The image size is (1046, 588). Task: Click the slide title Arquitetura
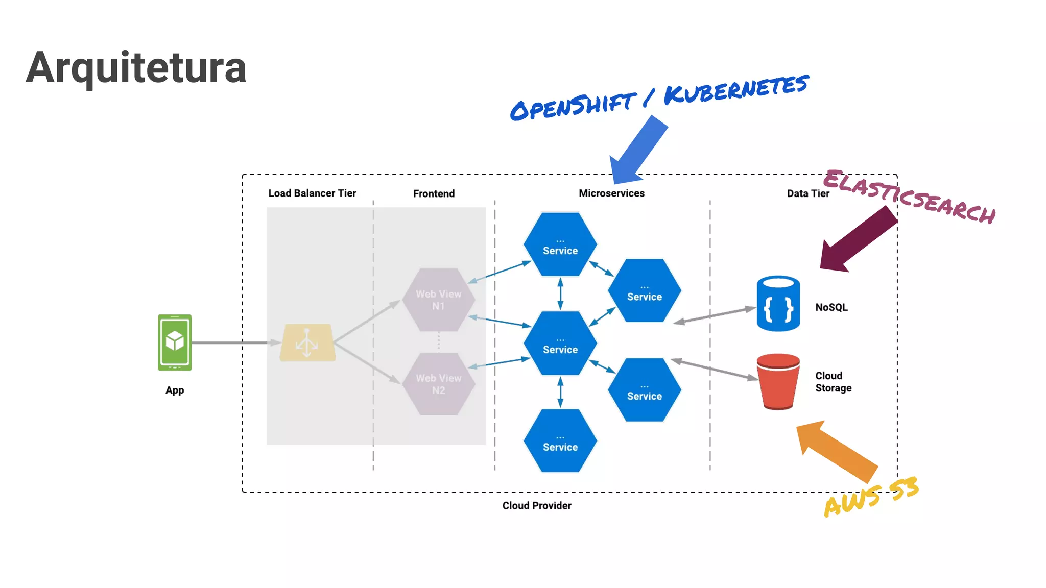[136, 67]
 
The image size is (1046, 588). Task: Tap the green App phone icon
[175, 342]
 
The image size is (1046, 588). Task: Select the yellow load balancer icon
[307, 342]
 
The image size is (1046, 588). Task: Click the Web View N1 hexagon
[438, 300]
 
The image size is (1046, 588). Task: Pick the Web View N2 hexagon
[438, 384]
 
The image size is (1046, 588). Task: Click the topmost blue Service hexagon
[560, 245]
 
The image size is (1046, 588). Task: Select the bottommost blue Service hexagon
[560, 441]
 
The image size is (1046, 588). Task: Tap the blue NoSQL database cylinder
[778, 304]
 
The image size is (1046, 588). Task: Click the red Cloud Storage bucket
[778, 381]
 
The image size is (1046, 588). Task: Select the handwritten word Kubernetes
[736, 90]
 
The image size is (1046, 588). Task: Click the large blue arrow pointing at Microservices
[638, 151]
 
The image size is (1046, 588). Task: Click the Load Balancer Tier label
[312, 193]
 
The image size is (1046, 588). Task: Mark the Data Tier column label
[807, 193]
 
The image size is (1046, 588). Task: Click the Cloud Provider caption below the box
[536, 506]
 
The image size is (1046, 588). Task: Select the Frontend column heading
[434, 193]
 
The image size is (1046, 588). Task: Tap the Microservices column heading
[611, 193]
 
